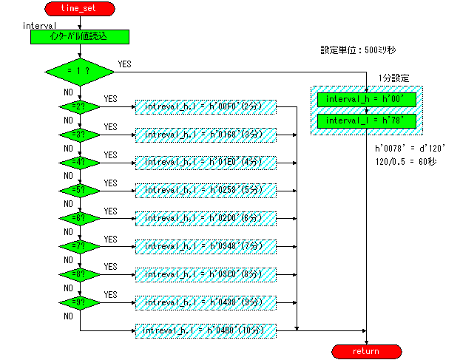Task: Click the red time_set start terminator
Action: tap(79, 8)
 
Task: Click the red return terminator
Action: tap(367, 350)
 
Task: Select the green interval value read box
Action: tap(80, 36)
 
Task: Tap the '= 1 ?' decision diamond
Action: tap(80, 72)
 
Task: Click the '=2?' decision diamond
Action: tap(80, 107)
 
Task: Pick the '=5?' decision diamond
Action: tap(80, 190)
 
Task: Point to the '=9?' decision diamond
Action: tap(80, 302)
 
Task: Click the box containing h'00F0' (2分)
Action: tap(205, 107)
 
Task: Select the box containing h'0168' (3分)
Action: tap(205, 135)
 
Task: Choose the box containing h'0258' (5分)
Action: tap(205, 190)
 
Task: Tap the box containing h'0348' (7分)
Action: tap(205, 246)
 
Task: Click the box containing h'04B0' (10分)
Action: tap(205, 330)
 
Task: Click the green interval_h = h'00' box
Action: tap(367, 99)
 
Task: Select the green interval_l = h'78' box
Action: tap(367, 121)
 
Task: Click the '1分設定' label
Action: tap(393, 78)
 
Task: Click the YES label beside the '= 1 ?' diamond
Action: tap(124, 64)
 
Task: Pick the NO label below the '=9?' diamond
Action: tap(68, 316)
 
